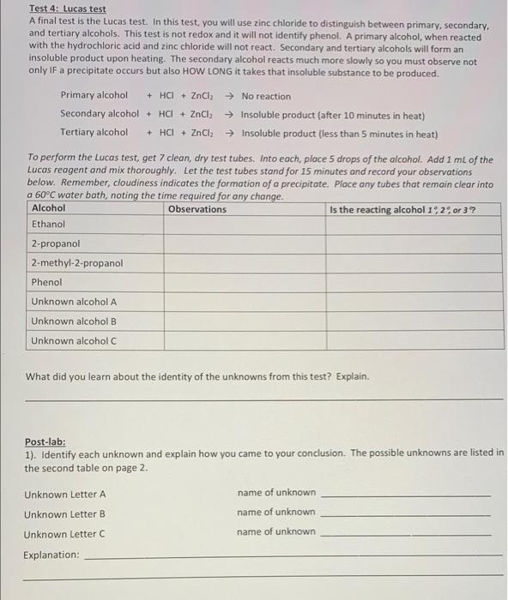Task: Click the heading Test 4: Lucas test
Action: point(68,9)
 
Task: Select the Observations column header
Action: point(197,208)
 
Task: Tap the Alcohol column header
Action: point(48,208)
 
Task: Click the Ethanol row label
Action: point(48,224)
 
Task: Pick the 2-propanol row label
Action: point(56,243)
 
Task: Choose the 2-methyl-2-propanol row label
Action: point(77,263)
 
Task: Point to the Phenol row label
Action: point(46,282)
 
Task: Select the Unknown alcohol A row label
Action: point(74,302)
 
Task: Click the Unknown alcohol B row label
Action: point(74,321)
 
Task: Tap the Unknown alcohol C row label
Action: point(74,341)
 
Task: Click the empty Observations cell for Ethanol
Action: point(244,224)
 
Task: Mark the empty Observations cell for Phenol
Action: point(244,282)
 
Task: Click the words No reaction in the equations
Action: point(266,96)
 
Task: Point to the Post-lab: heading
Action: point(45,442)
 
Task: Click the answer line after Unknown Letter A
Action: point(405,495)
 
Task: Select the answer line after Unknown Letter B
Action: point(405,514)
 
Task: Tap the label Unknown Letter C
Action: point(65,534)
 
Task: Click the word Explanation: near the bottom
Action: point(51,555)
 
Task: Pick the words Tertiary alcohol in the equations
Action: point(94,133)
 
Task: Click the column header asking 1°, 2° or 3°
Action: point(403,208)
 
